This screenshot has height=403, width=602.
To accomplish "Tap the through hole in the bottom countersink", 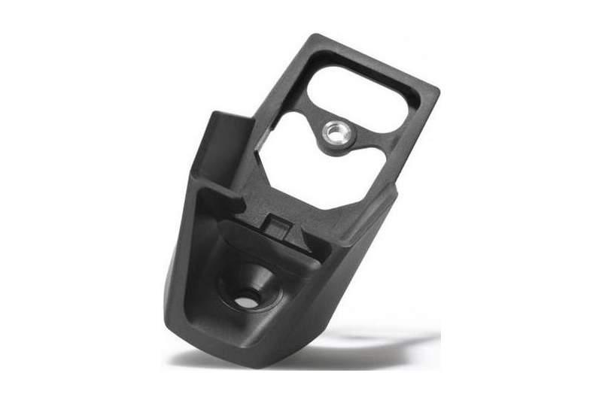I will (x=245, y=301).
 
